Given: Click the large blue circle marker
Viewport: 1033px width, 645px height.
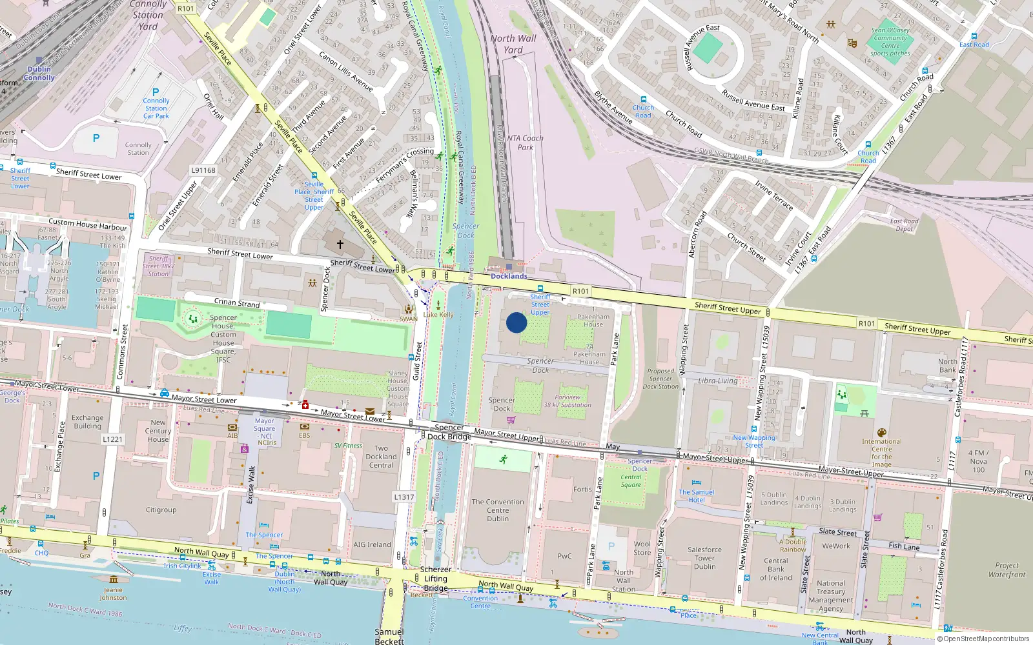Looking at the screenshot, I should point(516,322).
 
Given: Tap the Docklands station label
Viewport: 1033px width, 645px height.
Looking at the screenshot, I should point(509,276).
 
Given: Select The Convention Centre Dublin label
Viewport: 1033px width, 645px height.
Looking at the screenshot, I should point(498,510).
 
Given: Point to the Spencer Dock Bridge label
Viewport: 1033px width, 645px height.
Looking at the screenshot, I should point(449,432).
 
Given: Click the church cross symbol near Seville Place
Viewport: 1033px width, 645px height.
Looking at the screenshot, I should point(340,244).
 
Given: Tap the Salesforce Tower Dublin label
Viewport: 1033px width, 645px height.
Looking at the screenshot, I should point(704,558).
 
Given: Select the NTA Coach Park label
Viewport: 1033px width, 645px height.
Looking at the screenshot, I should point(525,143).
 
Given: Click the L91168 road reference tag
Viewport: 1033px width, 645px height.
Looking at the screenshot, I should point(203,170).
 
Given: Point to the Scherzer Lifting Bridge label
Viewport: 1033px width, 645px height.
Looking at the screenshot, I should point(436,579).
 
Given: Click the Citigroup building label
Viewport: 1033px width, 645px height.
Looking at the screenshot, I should point(161,510).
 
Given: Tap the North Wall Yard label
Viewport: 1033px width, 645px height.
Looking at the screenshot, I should point(513,44).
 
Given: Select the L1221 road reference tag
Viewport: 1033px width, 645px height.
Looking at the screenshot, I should point(112,439).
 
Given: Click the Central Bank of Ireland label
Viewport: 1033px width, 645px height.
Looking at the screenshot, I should point(776,569).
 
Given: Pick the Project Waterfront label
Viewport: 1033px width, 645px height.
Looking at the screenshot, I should point(1007,570).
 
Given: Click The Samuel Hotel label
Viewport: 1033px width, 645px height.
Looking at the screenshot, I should point(697,495).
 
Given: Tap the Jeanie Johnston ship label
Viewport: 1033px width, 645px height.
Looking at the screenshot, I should point(113,593).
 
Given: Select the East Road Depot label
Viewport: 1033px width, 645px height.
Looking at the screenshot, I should point(904,225).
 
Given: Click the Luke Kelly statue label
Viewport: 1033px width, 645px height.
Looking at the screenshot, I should point(438,315).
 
